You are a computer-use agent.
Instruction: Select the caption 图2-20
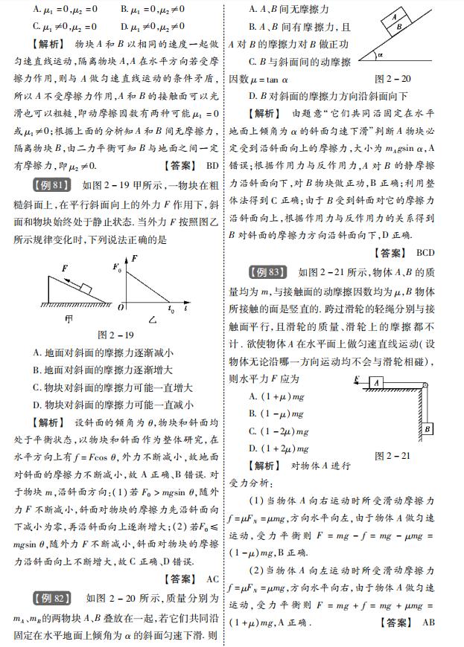393,78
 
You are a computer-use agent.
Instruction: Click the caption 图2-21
393,454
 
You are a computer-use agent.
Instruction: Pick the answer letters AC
212,579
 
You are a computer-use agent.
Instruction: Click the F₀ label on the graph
115,265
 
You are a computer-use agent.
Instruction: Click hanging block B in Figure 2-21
428,429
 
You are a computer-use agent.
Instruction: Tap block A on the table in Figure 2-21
378,382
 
